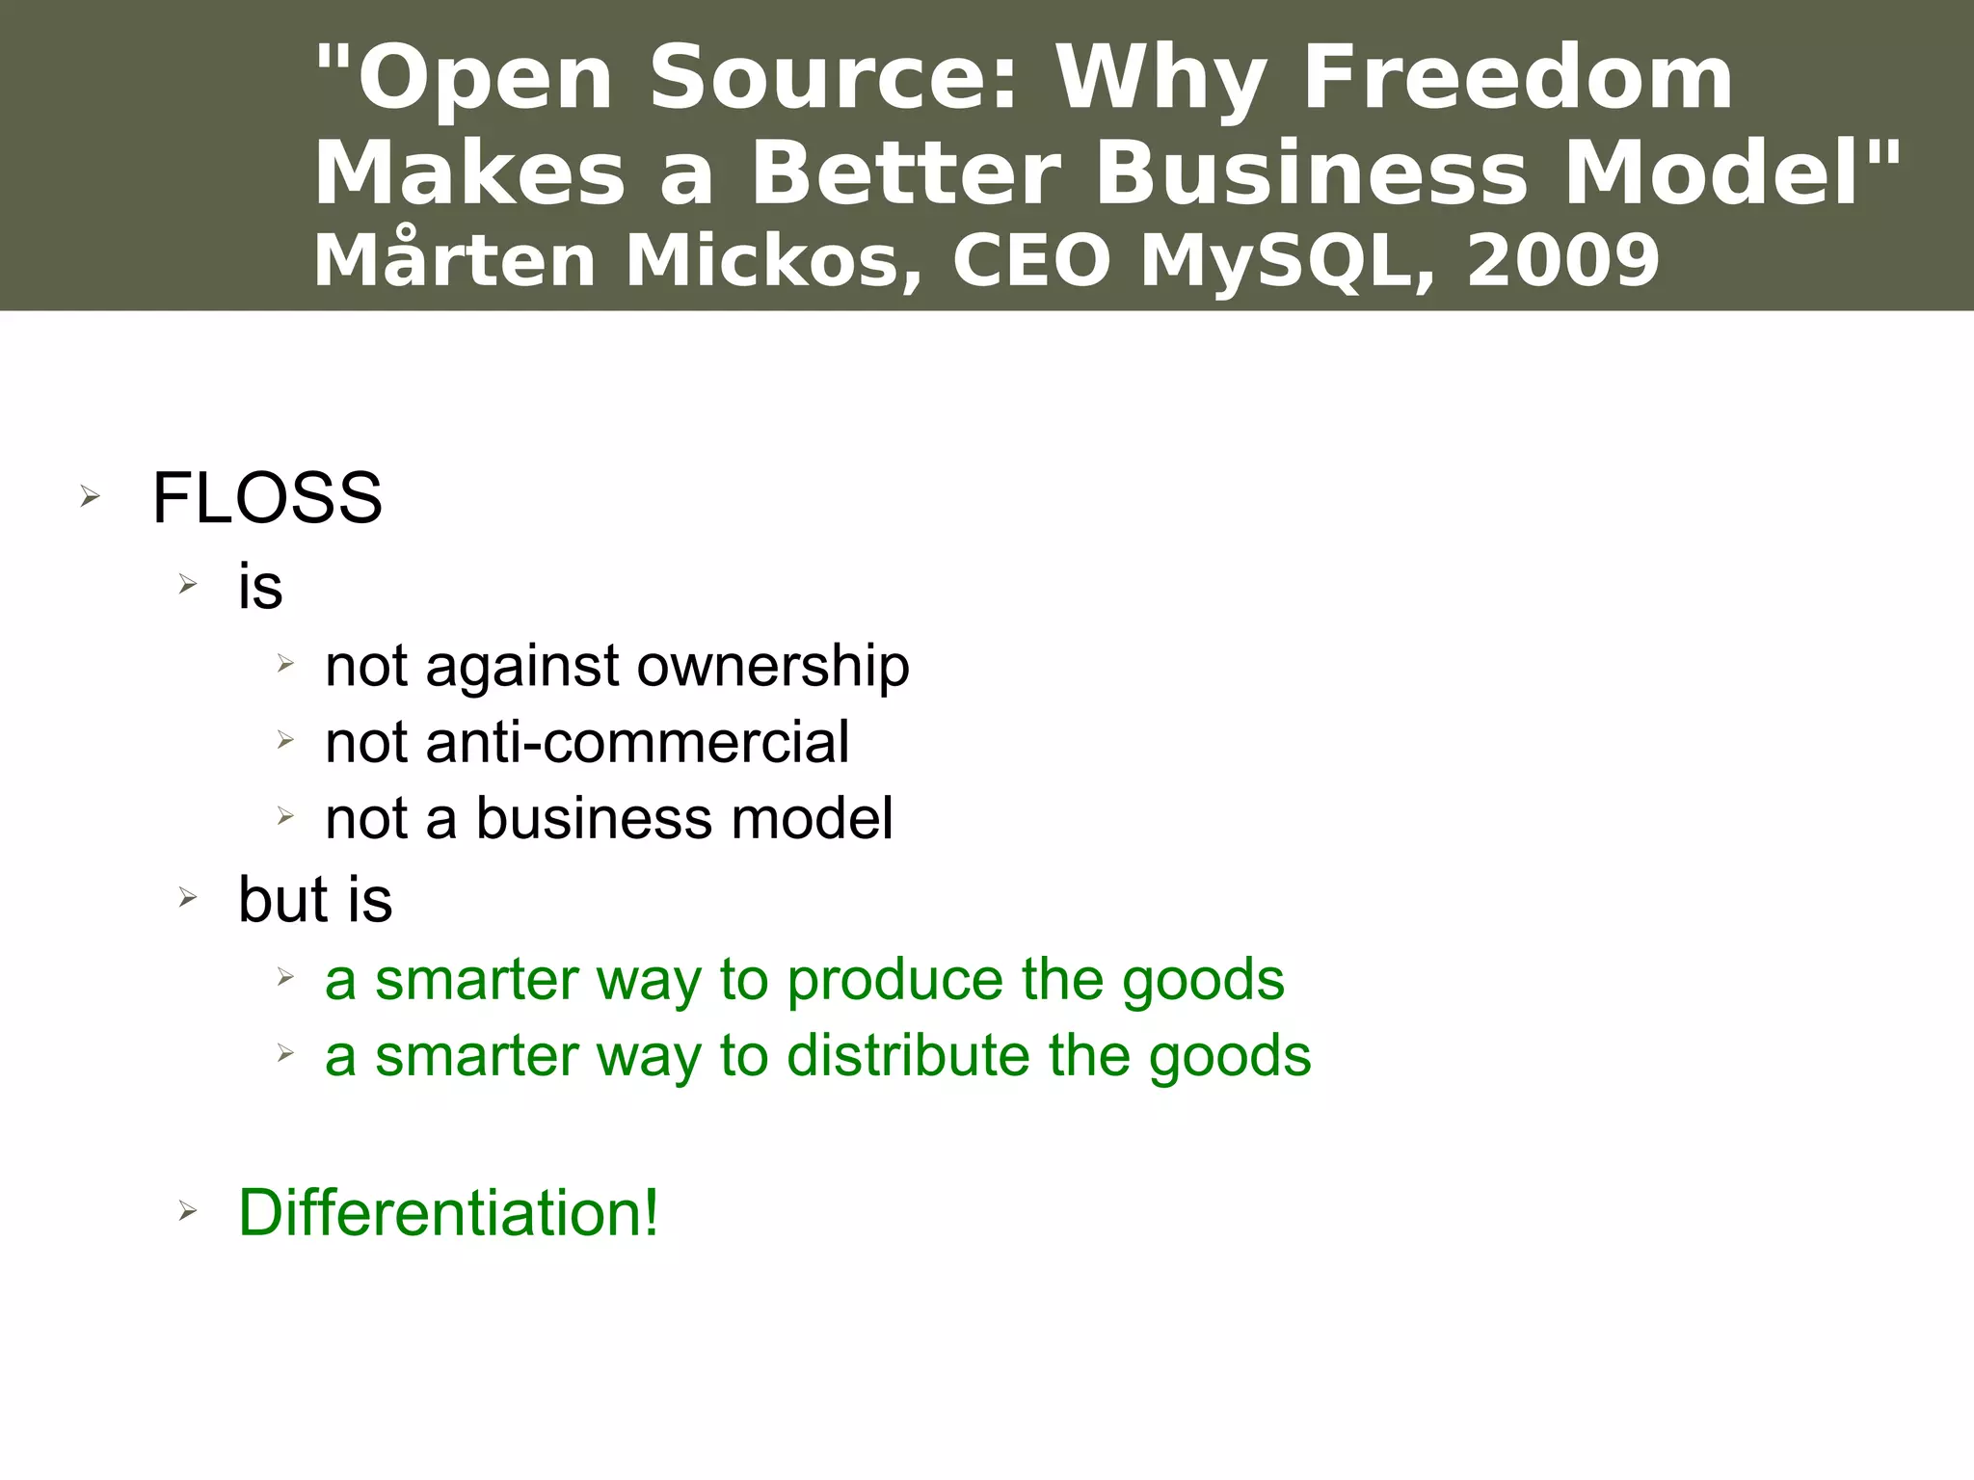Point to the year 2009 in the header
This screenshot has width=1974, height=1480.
point(1562,261)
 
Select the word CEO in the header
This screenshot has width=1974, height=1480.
point(1031,261)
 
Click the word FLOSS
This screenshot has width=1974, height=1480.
point(267,498)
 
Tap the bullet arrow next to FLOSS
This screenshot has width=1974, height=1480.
point(90,497)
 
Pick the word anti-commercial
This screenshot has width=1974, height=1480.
point(636,742)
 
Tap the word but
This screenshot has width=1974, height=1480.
point(283,899)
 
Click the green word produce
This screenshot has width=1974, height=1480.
point(895,980)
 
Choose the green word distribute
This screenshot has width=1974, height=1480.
point(909,1056)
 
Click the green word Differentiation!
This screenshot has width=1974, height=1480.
point(448,1212)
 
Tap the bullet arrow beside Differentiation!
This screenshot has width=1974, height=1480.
point(188,1212)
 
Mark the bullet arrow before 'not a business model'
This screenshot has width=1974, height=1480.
point(285,817)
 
